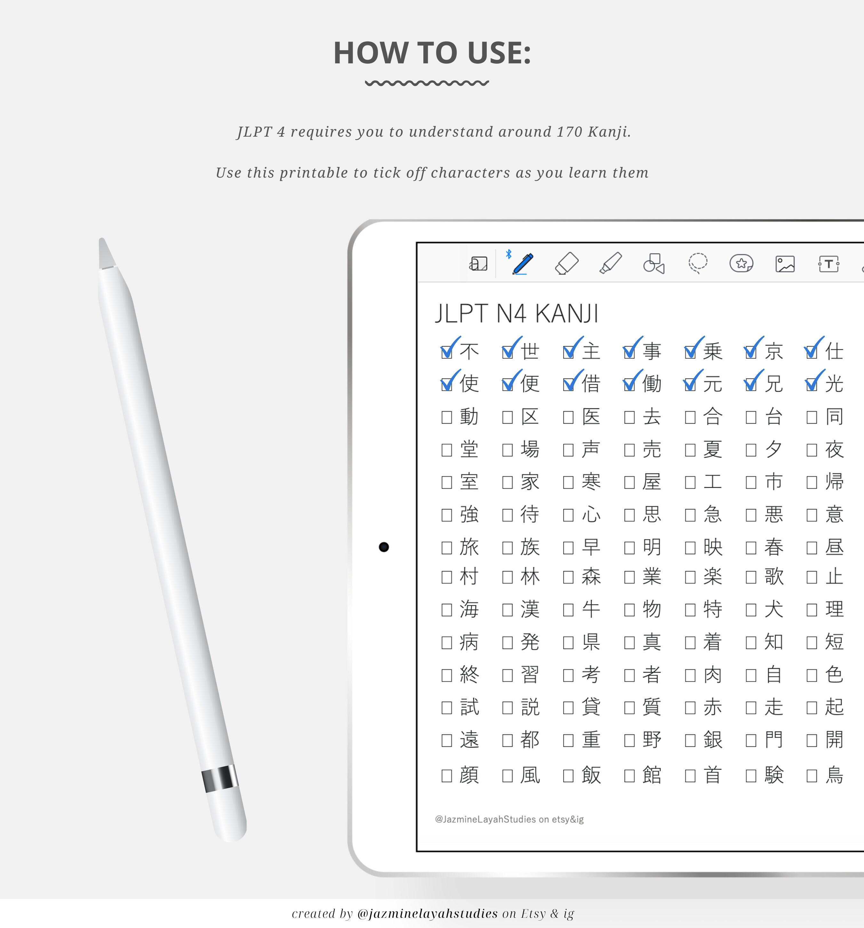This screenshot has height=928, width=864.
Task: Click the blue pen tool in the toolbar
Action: point(523,264)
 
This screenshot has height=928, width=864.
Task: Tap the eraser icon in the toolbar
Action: point(567,264)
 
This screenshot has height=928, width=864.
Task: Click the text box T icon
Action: point(828,264)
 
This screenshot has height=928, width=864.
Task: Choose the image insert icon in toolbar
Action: point(785,264)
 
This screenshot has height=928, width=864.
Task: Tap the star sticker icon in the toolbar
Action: point(741,264)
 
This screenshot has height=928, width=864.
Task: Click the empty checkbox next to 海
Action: point(447,610)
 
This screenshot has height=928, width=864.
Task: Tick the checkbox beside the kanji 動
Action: point(447,417)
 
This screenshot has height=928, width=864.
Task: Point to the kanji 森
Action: point(591,577)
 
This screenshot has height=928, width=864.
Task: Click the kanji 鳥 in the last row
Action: point(834,775)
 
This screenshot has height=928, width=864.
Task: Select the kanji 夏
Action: point(713,450)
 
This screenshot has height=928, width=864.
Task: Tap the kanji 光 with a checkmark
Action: point(834,384)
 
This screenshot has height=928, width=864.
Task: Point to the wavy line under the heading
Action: point(427,83)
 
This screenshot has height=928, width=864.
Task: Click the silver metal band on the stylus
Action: point(220,779)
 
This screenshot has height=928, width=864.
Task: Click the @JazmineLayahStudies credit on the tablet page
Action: point(509,819)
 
